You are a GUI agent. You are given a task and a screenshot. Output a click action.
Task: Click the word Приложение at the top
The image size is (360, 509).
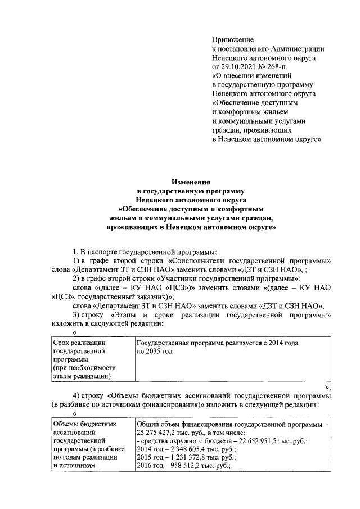233,39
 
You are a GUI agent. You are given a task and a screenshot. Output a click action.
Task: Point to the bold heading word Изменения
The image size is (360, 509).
191,182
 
